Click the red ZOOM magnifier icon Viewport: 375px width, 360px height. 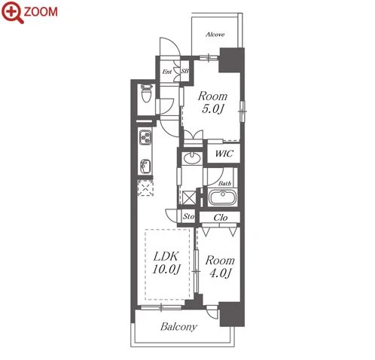point(13,12)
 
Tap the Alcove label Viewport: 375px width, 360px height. point(215,35)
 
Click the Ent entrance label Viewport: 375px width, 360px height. point(167,72)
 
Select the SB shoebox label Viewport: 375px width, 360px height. point(185,71)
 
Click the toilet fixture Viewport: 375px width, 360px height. point(147,93)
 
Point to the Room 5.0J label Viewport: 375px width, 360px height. point(212,102)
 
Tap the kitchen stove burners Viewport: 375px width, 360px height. point(145,137)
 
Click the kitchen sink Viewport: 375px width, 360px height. point(145,166)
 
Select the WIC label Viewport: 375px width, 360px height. point(224,154)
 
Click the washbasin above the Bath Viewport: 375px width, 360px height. point(192,158)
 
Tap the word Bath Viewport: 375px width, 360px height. point(224,183)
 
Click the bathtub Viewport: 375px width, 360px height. point(223,197)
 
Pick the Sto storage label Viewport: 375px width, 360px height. point(188,216)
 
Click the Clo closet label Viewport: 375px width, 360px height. point(221,218)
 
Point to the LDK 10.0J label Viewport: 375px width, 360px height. point(166,263)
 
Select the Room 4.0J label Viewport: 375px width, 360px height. point(220,267)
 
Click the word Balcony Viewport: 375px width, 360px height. point(179,327)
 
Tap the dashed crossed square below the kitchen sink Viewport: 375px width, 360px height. point(145,188)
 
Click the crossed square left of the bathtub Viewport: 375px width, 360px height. point(189,198)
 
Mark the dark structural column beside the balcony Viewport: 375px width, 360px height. point(232,314)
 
